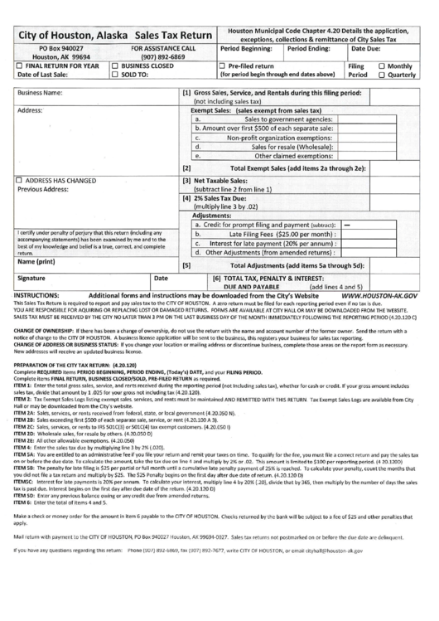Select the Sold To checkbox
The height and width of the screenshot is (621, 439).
(x=114, y=73)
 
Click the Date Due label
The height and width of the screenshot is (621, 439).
(x=368, y=50)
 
